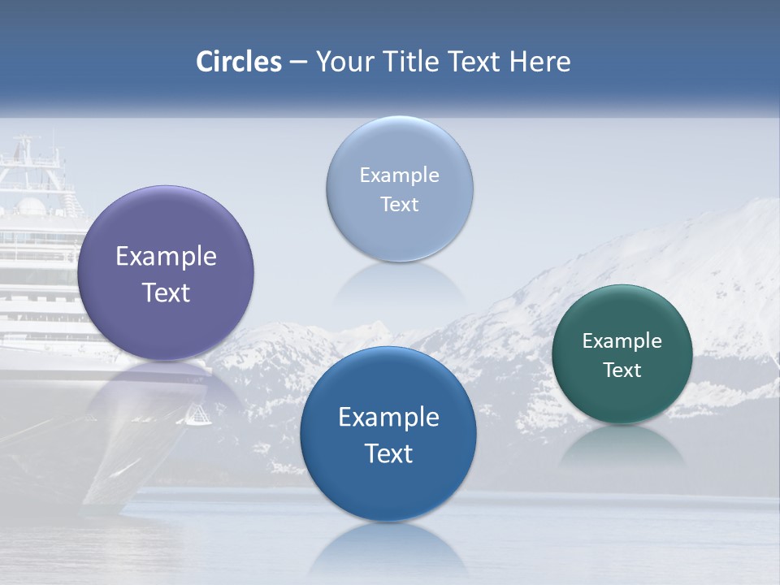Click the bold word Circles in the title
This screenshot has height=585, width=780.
(x=239, y=62)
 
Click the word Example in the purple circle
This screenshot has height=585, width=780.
(x=166, y=257)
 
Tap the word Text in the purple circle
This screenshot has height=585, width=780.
(x=166, y=292)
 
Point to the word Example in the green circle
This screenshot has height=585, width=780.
(x=622, y=341)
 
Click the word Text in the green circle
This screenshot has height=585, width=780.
(x=622, y=370)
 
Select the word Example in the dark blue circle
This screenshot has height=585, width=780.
(x=388, y=418)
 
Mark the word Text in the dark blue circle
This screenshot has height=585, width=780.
(x=388, y=453)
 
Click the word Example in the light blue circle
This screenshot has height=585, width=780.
(x=400, y=175)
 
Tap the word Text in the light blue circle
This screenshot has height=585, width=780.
(x=400, y=205)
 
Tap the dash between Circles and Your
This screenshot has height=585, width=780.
(x=298, y=63)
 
